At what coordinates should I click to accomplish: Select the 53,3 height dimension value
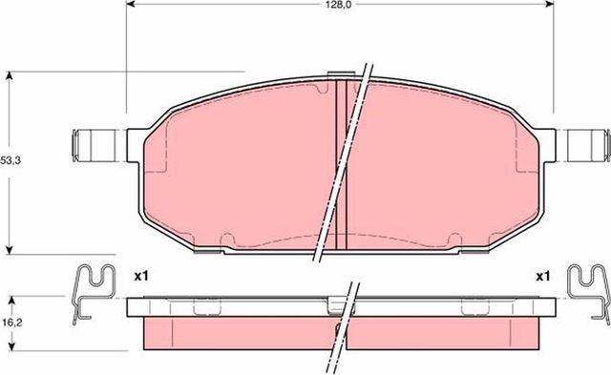11,160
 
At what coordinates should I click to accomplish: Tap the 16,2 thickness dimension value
11,323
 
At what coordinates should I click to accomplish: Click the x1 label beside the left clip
140,277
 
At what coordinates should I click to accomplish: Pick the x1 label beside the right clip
542,277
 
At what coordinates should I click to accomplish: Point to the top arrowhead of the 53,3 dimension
11,74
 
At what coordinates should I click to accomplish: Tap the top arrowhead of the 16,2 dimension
11,299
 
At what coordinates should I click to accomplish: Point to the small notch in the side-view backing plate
334,305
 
